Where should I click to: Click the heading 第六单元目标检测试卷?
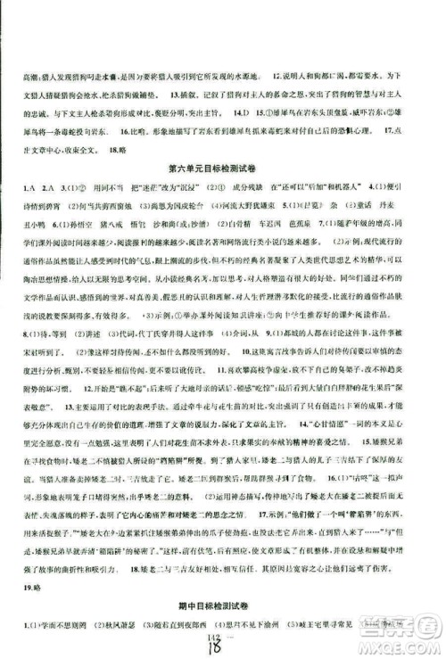224,167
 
